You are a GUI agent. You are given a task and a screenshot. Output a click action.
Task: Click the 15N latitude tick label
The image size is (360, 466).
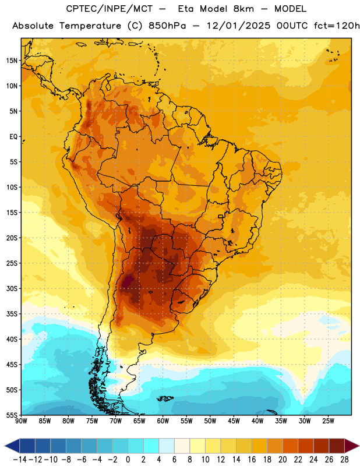click(x=12, y=61)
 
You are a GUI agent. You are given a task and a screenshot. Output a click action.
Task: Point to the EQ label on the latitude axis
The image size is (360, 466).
click(x=13, y=137)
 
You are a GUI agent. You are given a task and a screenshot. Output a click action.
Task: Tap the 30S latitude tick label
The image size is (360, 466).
click(x=12, y=288)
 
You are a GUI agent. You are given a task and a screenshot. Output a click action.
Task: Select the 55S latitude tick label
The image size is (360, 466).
click(x=12, y=415)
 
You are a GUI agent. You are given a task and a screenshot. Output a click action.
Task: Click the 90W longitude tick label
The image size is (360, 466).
click(x=21, y=421)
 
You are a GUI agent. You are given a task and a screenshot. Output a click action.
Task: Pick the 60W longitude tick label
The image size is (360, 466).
click(x=163, y=421)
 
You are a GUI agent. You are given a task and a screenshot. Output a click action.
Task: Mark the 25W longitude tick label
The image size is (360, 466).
click(x=328, y=421)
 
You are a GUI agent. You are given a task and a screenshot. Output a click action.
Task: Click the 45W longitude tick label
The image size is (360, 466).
click(x=234, y=421)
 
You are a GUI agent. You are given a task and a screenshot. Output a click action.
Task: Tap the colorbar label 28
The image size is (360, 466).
click(x=344, y=460)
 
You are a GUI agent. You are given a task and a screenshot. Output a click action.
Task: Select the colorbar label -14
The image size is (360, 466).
click(x=20, y=460)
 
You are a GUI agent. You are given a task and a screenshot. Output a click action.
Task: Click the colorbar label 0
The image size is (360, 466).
click(x=128, y=460)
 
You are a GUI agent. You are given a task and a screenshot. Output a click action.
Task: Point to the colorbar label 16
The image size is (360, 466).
click(x=252, y=460)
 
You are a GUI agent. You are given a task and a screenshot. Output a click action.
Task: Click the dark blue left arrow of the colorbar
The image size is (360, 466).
click(x=12, y=446)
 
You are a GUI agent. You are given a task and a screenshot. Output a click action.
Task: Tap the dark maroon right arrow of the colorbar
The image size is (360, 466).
click(x=352, y=446)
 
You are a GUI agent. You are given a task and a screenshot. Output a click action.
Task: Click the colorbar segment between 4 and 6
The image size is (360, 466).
click(x=167, y=446)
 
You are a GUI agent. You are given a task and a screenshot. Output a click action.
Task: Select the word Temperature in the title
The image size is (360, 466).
click(x=90, y=26)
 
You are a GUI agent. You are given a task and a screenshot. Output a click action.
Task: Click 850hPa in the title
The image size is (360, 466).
click(x=167, y=26)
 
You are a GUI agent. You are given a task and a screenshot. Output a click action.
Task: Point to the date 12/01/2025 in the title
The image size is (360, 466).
click(x=238, y=26)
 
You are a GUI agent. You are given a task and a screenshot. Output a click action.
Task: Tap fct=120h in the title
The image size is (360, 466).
click(x=337, y=26)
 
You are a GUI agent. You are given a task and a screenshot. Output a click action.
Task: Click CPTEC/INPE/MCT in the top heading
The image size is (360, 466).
click(x=109, y=9)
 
